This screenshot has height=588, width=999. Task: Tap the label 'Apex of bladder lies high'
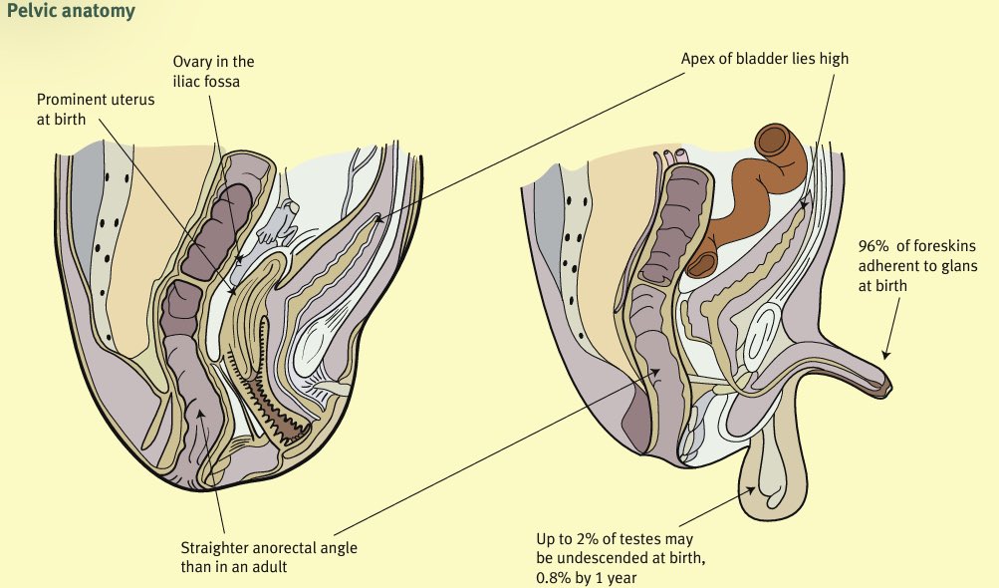764,59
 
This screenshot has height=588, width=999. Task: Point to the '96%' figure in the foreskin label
873,248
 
